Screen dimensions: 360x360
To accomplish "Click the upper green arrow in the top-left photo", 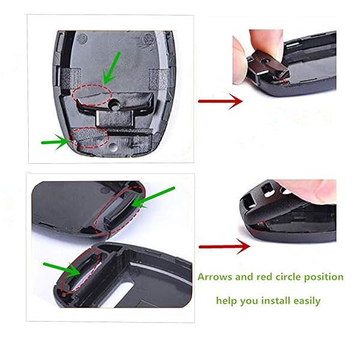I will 112,66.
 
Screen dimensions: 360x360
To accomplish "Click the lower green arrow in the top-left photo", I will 55,142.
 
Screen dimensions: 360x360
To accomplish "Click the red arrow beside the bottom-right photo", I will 224,245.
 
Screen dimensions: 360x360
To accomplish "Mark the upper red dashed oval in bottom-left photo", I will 120,209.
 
